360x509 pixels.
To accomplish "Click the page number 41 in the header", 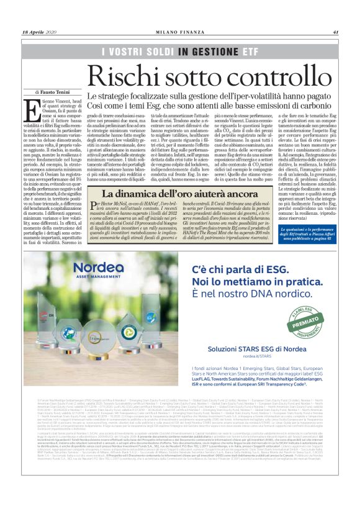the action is pyautogui.click(x=335, y=33).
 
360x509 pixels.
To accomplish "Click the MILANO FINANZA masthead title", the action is pyautogui.click(x=180, y=33).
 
